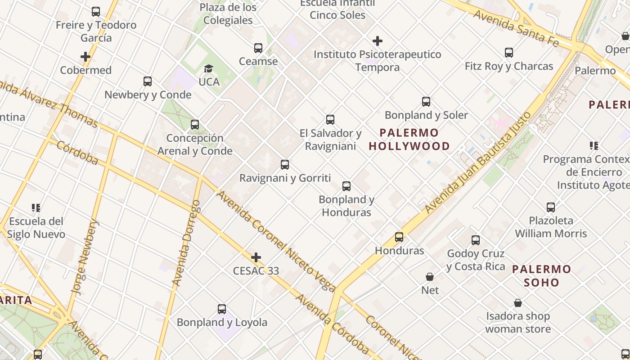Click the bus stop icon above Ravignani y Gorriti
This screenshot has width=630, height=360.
pos(285,165)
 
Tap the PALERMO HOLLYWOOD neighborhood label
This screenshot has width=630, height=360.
pos(409,139)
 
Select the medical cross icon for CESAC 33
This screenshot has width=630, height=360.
pos(256,257)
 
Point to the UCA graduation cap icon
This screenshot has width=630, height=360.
pos(208,68)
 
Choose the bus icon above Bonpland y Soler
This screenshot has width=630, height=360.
pos(426,102)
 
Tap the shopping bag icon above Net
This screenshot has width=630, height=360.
pos(430,277)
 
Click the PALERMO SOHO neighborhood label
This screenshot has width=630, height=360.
pos(542,276)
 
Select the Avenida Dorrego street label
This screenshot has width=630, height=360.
pos(186,243)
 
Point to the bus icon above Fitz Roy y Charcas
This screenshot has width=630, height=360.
pos(509,53)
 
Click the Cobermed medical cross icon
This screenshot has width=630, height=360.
pos(85,57)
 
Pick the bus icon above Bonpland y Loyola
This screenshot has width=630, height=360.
pos(222,309)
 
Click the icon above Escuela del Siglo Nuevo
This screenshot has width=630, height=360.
pos(36,208)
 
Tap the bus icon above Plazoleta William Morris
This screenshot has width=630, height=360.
pos(551,207)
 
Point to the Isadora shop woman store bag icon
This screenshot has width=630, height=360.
pos(518,303)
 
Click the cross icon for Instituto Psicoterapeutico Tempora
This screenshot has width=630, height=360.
pos(378,41)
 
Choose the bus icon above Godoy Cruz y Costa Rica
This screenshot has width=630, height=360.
pos(476,240)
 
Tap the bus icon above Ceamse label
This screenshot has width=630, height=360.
pos(258,48)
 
